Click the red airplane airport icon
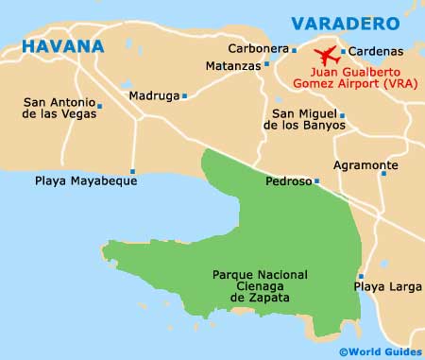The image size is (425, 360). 326,54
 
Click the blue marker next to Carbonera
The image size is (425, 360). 294,48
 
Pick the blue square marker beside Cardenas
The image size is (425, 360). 343,51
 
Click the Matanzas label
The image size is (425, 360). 231,66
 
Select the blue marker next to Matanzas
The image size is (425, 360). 265,66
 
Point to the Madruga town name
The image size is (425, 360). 155,95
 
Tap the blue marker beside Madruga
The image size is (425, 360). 185,95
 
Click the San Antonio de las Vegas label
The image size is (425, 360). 59,109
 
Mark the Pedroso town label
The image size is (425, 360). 287,181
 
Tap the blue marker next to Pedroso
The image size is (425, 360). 316,181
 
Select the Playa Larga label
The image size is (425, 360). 382,284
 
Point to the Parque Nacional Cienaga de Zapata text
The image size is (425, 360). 251,286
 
